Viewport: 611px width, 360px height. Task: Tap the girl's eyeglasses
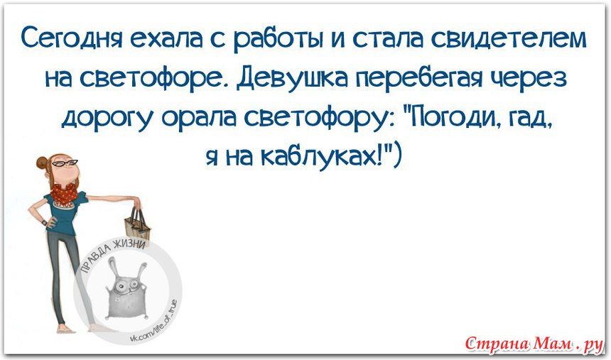pyautogui.click(x=65, y=163)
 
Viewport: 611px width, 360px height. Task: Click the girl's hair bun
pyautogui.click(x=42, y=162)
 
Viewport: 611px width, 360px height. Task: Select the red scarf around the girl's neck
pyautogui.click(x=64, y=192)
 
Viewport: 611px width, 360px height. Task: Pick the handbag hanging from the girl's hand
pyautogui.click(x=138, y=225)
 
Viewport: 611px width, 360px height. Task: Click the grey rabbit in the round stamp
pyautogui.click(x=126, y=289)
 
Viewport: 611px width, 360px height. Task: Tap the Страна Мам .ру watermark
pyautogui.click(x=534, y=343)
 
